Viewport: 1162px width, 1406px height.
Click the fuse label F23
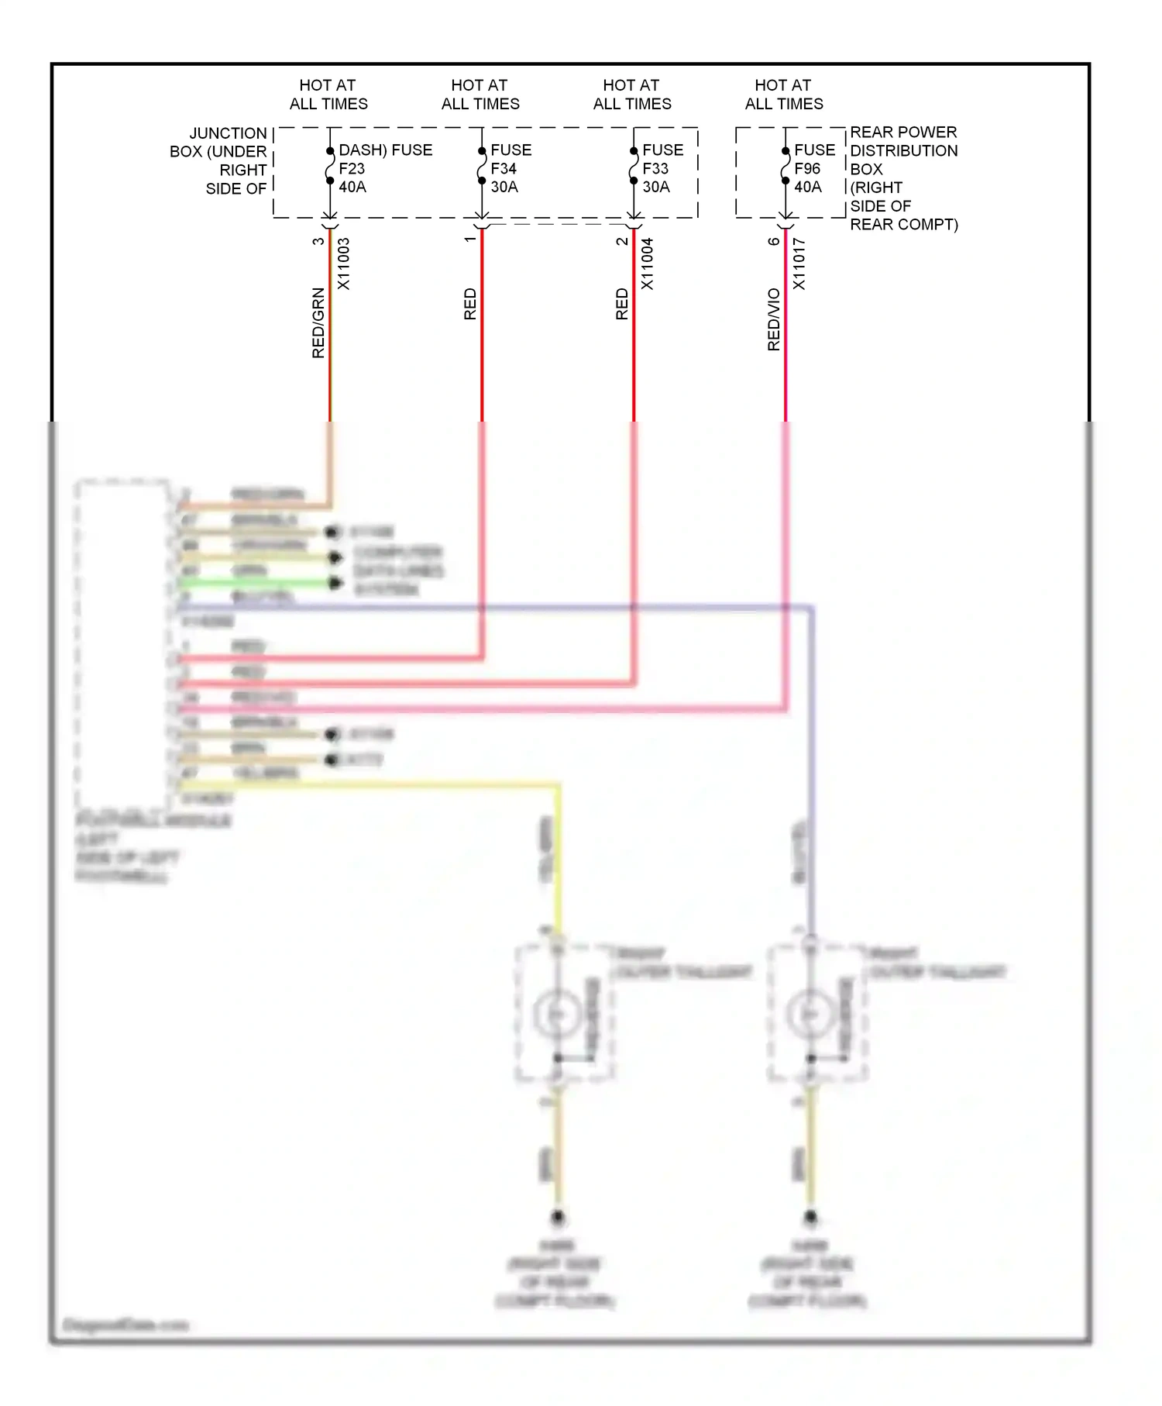(x=352, y=168)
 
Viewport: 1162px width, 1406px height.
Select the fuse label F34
(x=504, y=168)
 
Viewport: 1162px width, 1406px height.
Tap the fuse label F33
(x=655, y=168)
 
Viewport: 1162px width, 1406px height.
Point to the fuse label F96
(x=807, y=168)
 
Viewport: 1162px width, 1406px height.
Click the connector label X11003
(x=344, y=264)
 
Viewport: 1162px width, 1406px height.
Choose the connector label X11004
(x=648, y=264)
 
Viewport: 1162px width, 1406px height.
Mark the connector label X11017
(x=799, y=264)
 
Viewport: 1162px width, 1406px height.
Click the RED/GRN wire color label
(x=318, y=322)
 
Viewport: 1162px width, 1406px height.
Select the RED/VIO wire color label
(x=774, y=319)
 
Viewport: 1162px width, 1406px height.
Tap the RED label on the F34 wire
(x=470, y=304)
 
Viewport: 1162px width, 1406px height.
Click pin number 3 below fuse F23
(x=318, y=241)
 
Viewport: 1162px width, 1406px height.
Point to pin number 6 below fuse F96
(x=774, y=241)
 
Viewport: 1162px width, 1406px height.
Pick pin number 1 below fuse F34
(x=470, y=240)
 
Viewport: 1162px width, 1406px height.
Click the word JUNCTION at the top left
(x=228, y=133)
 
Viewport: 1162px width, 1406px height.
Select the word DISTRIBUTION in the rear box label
(x=903, y=150)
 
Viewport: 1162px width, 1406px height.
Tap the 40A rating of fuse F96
(x=808, y=187)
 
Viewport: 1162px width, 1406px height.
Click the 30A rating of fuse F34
(x=504, y=187)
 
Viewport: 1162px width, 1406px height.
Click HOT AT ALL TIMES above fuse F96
(x=784, y=95)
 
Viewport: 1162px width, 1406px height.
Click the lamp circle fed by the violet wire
(x=810, y=1013)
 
